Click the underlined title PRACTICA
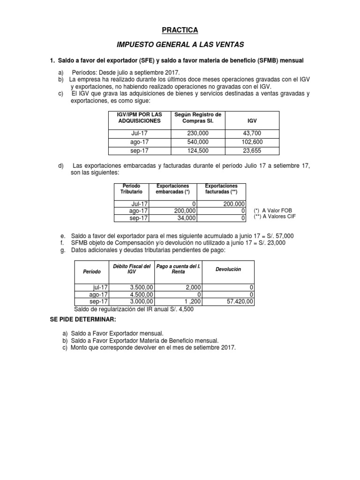click(180, 30)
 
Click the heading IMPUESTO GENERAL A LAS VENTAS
click(180, 45)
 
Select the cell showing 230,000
click(197, 134)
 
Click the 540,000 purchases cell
click(197, 142)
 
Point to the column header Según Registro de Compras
click(197, 118)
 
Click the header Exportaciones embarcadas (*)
click(172, 189)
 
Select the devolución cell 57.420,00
click(239, 302)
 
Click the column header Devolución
click(228, 270)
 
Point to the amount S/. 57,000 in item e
click(279, 235)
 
